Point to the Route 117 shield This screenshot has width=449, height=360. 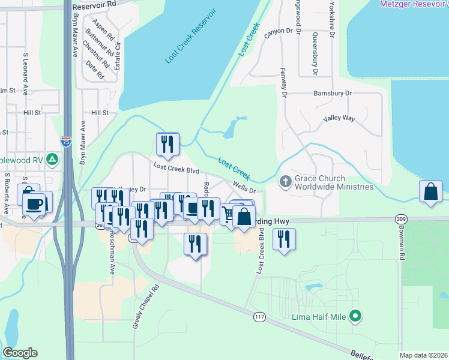(x=259, y=317)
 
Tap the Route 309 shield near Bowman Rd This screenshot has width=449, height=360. (x=401, y=220)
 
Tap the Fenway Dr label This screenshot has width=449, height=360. (x=284, y=82)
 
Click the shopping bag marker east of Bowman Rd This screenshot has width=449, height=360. (x=431, y=191)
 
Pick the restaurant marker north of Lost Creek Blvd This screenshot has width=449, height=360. (x=167, y=144)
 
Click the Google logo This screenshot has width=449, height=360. (x=20, y=353)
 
